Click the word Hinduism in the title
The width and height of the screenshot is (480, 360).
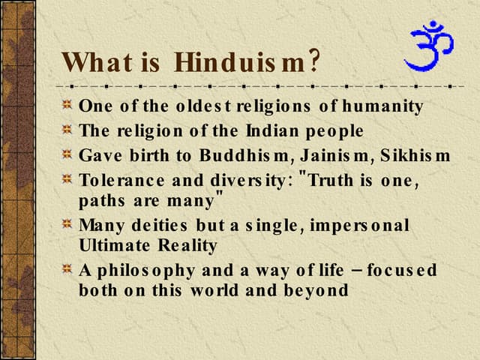pos(241,61)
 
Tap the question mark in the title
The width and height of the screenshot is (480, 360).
pos(315,60)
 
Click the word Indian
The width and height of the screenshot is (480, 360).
pos(267,130)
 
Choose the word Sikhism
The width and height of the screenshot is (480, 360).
pos(415,155)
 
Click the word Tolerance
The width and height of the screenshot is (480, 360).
pos(119,180)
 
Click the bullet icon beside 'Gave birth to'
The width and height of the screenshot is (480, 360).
pos(67,155)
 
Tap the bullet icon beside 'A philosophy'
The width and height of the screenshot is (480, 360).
pos(67,269)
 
